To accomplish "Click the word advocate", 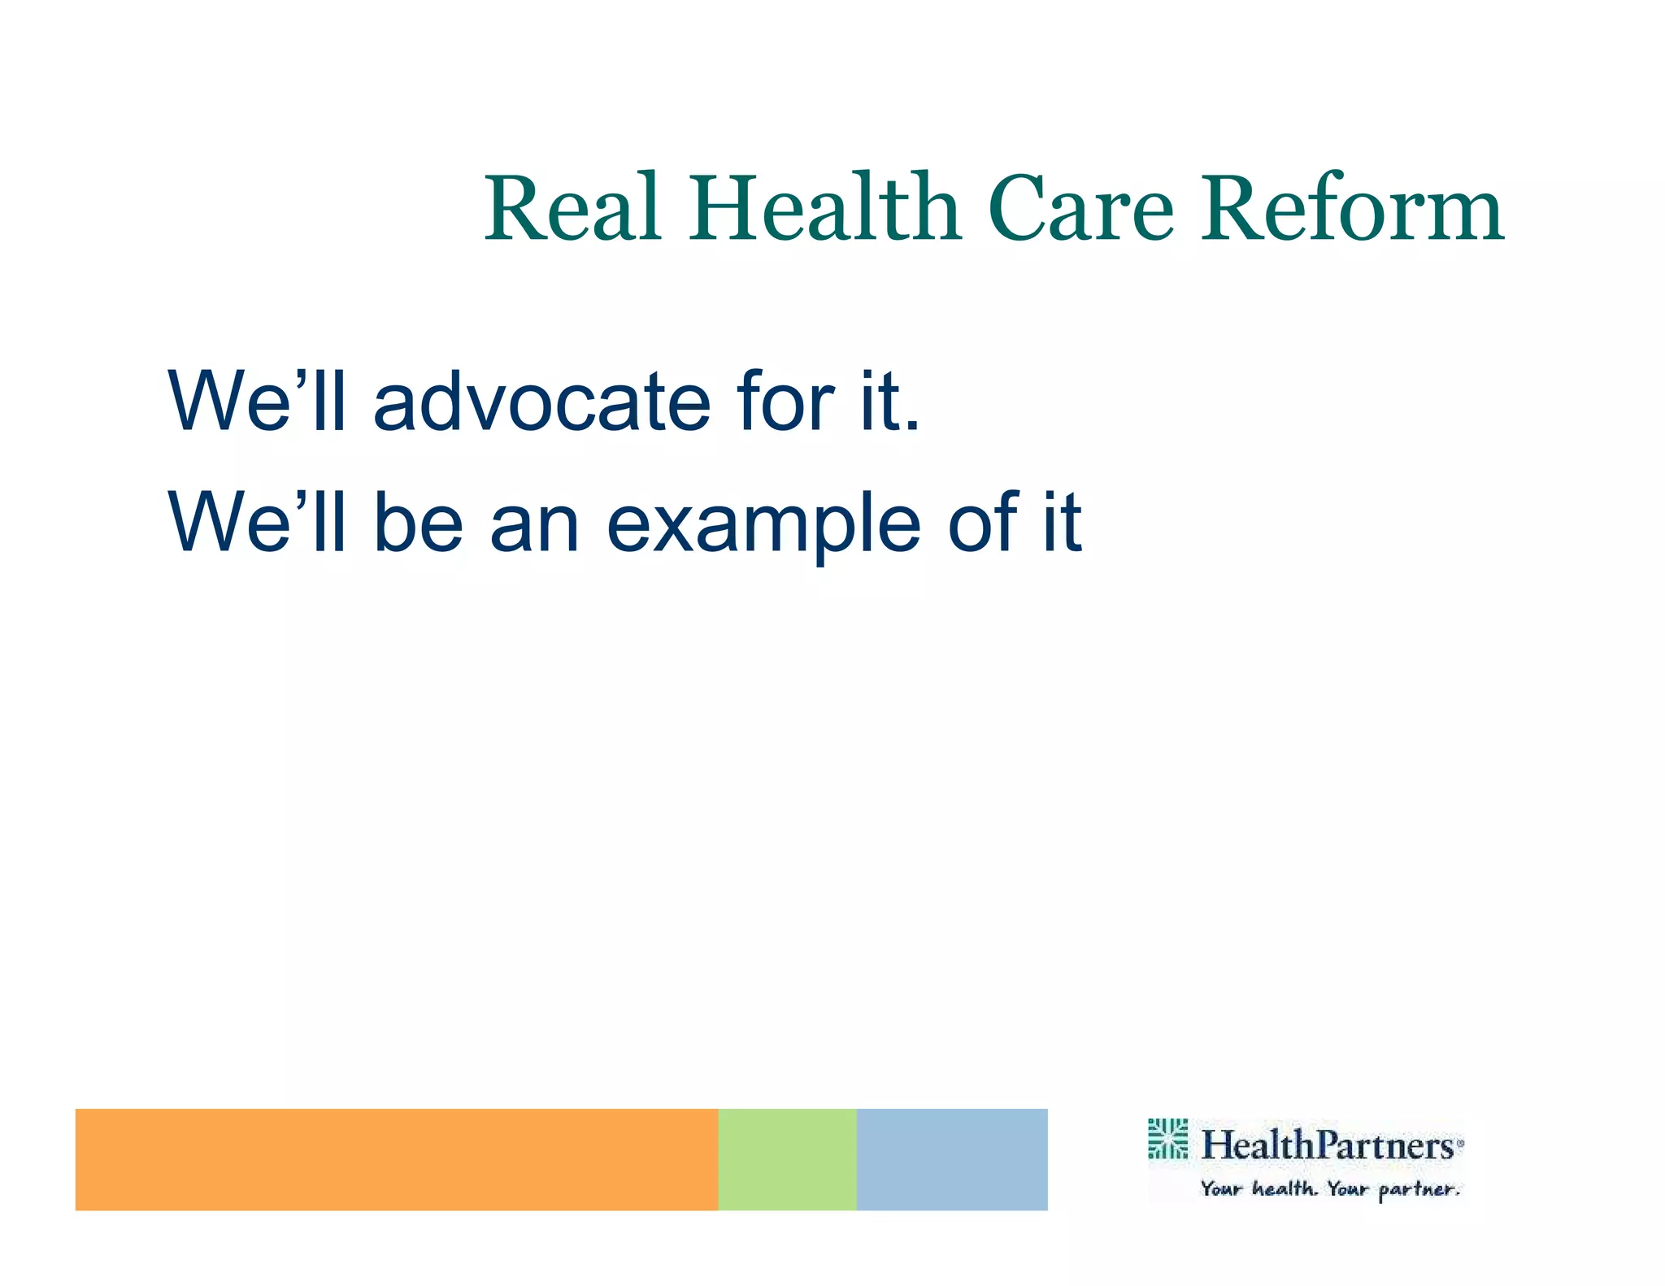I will (x=541, y=402).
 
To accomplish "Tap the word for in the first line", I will (x=785, y=402).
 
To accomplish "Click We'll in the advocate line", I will (x=257, y=402).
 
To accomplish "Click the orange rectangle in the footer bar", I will (x=396, y=1158).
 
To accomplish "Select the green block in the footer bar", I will (x=786, y=1158).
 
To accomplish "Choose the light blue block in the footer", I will (x=951, y=1158).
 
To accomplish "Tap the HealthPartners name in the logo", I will (x=1327, y=1145).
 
